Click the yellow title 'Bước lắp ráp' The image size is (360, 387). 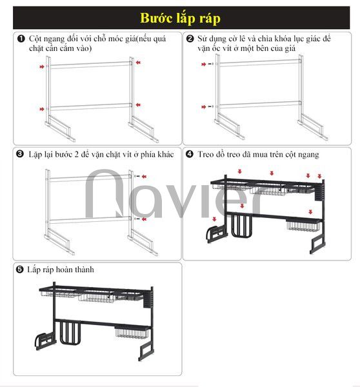pyautogui.click(x=180, y=18)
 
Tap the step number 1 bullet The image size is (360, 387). pyautogui.click(x=21, y=39)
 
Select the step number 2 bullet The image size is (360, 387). pyautogui.click(x=190, y=39)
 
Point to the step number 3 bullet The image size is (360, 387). pyautogui.click(x=20, y=154)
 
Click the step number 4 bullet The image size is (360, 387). pyautogui.click(x=190, y=154)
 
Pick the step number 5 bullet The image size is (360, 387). pyautogui.click(x=19, y=269)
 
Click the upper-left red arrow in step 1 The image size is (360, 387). pyautogui.click(x=42, y=66)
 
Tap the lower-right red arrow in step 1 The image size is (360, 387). pyautogui.click(x=138, y=105)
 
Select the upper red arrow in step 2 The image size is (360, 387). pyautogui.click(x=203, y=64)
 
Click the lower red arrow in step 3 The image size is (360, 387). pyautogui.click(x=144, y=219)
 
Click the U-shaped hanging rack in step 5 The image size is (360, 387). pyautogui.click(x=70, y=333)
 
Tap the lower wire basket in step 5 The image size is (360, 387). pyautogui.click(x=132, y=332)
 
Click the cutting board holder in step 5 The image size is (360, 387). pyautogui.click(x=45, y=341)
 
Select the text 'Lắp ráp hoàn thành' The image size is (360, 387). pyautogui.click(x=61, y=269)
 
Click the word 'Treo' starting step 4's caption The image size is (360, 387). pyautogui.click(x=206, y=155)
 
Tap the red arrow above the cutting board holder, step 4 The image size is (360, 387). pyautogui.click(x=214, y=219)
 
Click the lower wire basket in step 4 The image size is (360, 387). pyautogui.click(x=304, y=226)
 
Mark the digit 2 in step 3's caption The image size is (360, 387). pyautogui.click(x=77, y=155)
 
